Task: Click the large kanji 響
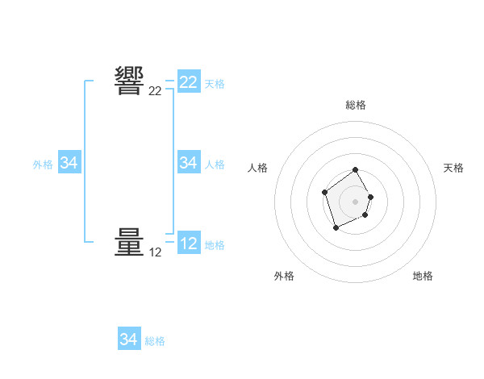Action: point(129,81)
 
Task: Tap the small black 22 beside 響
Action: point(155,91)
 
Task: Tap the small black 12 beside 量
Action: point(155,252)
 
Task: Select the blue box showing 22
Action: point(188,82)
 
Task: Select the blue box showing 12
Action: point(188,244)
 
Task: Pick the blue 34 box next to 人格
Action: point(188,163)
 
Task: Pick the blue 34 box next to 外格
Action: point(69,163)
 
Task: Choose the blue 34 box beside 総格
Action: point(128,339)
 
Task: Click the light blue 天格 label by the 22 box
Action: point(215,83)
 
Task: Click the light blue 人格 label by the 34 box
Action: point(215,164)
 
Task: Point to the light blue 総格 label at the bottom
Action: point(155,341)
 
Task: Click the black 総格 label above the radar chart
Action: point(356,105)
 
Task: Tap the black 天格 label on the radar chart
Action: point(453,168)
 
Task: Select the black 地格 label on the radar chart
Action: point(423,276)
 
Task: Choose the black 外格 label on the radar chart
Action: point(284,276)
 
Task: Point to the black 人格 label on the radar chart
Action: point(257,168)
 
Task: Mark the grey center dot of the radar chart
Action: point(356,202)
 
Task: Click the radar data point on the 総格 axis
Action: point(356,170)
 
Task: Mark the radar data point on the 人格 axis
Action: point(324,192)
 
